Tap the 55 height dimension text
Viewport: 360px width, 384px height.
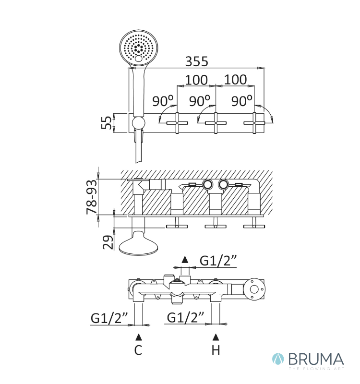pos(107,122)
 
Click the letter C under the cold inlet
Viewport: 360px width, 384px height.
pos(138,350)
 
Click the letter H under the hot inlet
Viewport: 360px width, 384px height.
pos(216,350)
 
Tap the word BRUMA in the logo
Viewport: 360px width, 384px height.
pos(316,359)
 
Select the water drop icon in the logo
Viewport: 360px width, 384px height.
pos(278,359)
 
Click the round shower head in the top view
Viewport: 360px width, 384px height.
pos(138,47)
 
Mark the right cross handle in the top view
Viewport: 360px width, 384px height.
pos(255,123)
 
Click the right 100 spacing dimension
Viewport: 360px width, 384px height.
pos(235,80)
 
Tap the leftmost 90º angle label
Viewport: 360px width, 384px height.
pos(163,101)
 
